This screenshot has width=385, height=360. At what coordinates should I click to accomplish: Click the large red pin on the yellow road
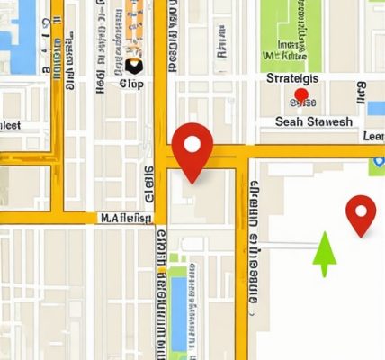(x=192, y=149)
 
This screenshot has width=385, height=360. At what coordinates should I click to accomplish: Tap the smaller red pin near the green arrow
(x=361, y=214)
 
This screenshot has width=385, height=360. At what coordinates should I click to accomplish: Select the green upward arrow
(x=325, y=255)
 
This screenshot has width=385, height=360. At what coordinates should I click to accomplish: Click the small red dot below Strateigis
(x=301, y=94)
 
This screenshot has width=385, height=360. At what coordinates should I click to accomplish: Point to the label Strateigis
(x=300, y=79)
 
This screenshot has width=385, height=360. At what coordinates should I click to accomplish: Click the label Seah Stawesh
(x=313, y=121)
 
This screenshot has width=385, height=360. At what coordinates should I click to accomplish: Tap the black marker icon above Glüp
(x=134, y=66)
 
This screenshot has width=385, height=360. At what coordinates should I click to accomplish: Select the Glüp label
(x=131, y=84)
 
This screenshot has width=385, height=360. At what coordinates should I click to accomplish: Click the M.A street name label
(x=125, y=217)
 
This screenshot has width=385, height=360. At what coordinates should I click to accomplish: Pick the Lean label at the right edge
(x=372, y=136)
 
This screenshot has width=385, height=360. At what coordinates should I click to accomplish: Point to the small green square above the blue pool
(x=176, y=260)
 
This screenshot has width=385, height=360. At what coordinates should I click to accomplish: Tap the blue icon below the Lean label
(x=377, y=164)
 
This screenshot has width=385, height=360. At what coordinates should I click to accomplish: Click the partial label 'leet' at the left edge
(x=10, y=125)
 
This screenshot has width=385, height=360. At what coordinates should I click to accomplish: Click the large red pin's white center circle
(x=192, y=142)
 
